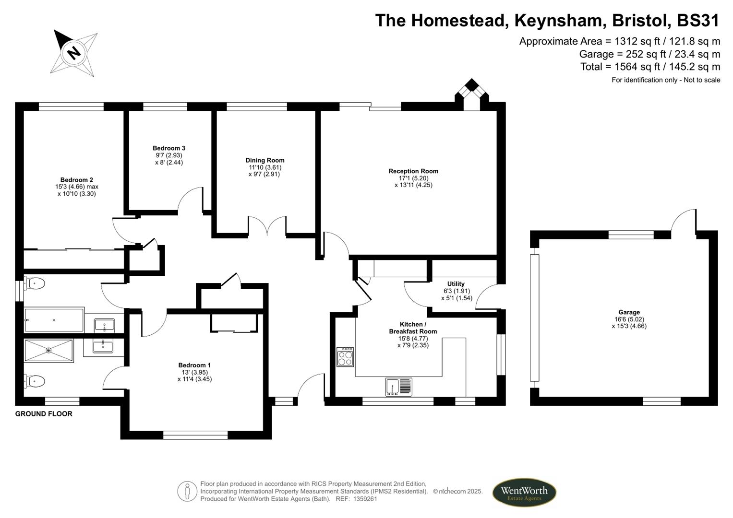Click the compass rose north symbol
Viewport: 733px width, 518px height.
(74, 52)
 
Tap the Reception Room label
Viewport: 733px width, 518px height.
(413, 171)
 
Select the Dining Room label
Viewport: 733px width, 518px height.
(264, 160)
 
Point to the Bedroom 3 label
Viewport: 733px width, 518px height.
(168, 148)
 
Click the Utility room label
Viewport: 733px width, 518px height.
(456, 284)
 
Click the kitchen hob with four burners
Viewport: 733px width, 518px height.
(345, 357)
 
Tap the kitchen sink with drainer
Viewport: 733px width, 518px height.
(398, 387)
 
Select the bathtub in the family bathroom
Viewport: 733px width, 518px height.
(54, 320)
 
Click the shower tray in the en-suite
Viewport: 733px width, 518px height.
(48, 351)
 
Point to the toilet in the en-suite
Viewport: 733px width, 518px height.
(35, 381)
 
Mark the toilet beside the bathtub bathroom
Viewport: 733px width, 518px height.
(35, 283)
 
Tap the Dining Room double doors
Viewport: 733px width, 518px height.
(267, 226)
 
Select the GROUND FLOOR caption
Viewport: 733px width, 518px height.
(44, 414)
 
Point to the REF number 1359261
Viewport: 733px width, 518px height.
(365, 499)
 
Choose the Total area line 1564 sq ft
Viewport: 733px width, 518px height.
(650, 67)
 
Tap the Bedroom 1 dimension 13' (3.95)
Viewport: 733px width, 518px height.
(194, 372)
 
